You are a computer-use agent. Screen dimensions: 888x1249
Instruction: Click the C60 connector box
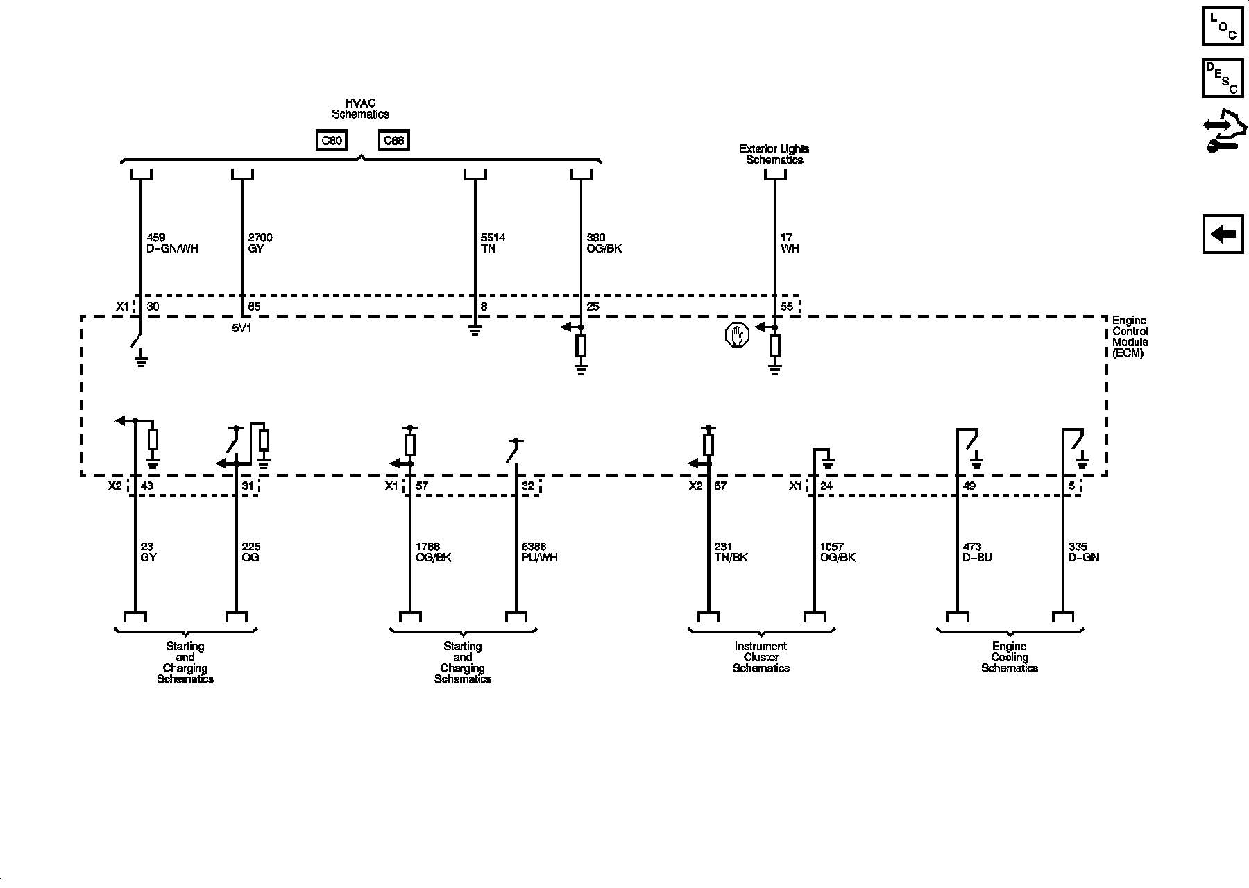click(x=331, y=141)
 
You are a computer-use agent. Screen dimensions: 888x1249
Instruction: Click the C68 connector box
click(x=393, y=141)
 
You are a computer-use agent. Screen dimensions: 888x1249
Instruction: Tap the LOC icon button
click(x=1223, y=26)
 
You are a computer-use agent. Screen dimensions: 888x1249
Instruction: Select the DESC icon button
click(x=1223, y=78)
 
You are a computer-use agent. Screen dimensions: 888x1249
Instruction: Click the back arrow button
click(x=1223, y=234)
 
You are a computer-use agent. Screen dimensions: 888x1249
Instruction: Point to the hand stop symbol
click(x=736, y=336)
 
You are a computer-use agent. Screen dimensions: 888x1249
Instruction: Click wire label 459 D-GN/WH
click(x=173, y=243)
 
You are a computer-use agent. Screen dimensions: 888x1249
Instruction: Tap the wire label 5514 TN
click(x=493, y=243)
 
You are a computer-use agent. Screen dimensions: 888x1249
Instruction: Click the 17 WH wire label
click(x=790, y=243)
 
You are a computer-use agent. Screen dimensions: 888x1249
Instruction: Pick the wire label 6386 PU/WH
click(x=539, y=552)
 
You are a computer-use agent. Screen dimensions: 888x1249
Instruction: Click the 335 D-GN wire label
click(x=1084, y=552)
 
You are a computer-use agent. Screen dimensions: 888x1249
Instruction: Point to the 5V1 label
click(x=241, y=327)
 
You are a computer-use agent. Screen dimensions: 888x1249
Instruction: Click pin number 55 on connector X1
click(x=786, y=307)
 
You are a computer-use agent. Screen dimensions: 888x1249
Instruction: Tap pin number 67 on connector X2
click(x=720, y=486)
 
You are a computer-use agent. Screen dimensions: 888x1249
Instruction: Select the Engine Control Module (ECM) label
click(x=1130, y=336)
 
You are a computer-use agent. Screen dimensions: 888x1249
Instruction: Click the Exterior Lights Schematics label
click(x=774, y=154)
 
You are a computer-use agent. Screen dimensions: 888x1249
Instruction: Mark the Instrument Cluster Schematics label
click(x=761, y=657)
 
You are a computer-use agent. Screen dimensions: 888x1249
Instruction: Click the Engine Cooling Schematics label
click(x=1010, y=657)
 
